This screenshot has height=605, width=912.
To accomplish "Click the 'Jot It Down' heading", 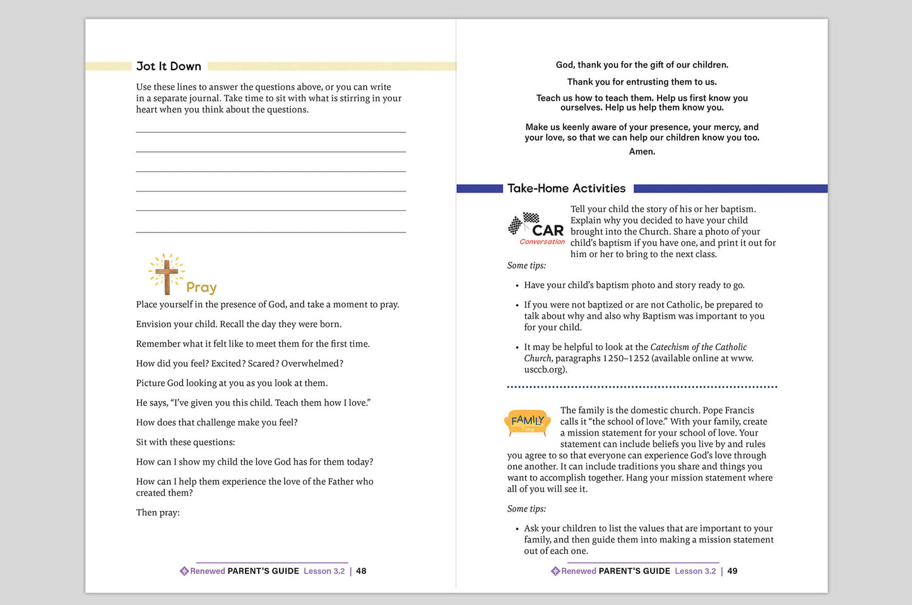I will tap(169, 66).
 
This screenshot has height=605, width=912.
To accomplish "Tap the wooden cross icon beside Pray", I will tap(167, 274).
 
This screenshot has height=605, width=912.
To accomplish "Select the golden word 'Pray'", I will tap(201, 287).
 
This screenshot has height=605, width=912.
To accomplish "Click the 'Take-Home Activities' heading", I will tap(566, 188).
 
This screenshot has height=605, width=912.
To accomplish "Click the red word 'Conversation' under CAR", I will tap(542, 242).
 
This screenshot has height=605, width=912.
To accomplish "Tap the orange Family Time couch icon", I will tap(528, 422).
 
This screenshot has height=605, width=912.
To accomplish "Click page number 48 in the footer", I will tap(361, 571).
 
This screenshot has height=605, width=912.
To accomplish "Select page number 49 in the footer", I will tap(732, 571).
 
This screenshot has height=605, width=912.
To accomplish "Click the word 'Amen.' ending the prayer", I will tap(642, 152).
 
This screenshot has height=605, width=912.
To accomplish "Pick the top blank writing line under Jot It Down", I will tap(271, 132).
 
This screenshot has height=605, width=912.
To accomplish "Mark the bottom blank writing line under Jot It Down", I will tap(271, 232).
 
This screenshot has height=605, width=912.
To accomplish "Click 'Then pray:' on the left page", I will tap(158, 513).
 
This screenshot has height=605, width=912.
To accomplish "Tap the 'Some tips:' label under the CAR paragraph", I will tap(526, 266).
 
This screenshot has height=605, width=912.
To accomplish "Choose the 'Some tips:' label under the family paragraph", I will tap(526, 509).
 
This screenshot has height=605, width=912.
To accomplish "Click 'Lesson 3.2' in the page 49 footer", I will tap(695, 571).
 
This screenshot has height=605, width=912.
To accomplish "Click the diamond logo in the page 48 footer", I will tap(184, 571).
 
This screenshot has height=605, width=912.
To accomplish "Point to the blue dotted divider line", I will tap(642, 387).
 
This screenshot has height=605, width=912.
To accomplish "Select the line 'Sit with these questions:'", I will tap(186, 442).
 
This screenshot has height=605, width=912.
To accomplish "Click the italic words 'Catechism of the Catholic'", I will tap(698, 347).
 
